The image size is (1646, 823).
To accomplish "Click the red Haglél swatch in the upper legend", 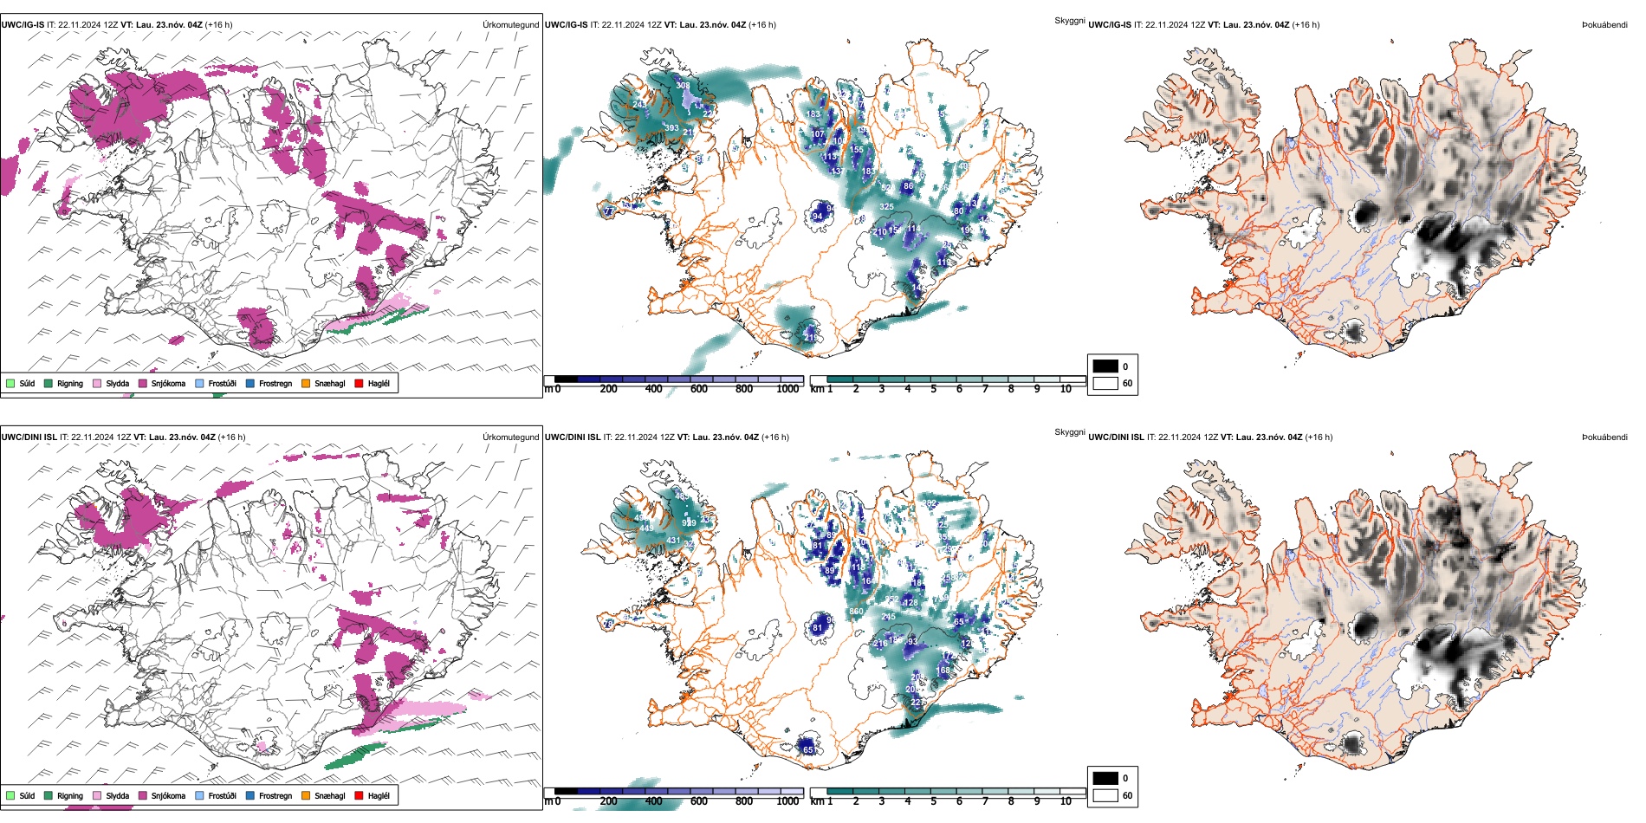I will [359, 383].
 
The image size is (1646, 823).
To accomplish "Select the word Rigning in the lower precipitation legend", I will [70, 795].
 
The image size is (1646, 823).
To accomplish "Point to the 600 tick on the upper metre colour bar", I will [698, 389].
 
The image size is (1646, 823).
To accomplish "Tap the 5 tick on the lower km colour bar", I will [933, 800].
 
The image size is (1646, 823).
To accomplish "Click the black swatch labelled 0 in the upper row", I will [1105, 366].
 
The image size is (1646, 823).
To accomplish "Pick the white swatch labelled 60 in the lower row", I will [1105, 795].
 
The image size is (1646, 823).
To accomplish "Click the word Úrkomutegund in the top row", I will [510, 24].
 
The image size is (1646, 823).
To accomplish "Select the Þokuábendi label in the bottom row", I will [1604, 437].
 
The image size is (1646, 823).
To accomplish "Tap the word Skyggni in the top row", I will [1069, 20].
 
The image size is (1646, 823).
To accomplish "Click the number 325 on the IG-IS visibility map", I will [886, 207].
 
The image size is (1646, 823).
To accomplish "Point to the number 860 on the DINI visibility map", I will [856, 612].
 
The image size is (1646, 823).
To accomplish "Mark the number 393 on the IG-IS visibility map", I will [671, 128].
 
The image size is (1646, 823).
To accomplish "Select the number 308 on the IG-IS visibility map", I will [684, 86].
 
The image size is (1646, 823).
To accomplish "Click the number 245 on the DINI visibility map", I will [888, 617].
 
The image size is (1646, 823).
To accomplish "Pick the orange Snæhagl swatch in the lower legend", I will [306, 795].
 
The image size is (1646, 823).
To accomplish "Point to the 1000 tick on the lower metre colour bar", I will [787, 800].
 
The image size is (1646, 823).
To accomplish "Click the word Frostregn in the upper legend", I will [275, 383].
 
